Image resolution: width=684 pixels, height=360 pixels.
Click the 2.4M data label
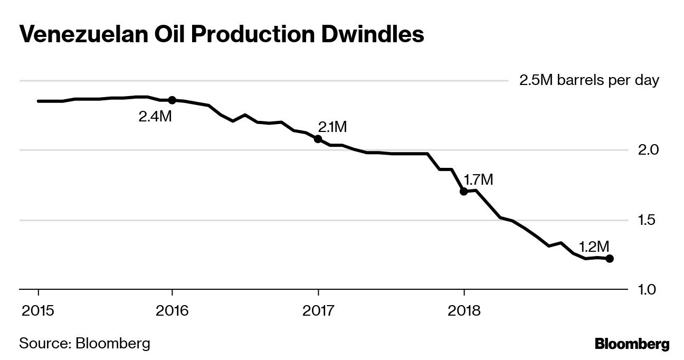pyautogui.click(x=155, y=117)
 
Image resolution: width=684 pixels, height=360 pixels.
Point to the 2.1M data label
pyautogui.click(x=332, y=127)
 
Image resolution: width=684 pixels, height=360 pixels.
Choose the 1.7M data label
pyautogui.click(x=478, y=179)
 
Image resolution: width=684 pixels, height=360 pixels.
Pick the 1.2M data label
pyautogui.click(x=594, y=247)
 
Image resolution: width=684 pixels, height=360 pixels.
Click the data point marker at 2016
pyautogui.click(x=172, y=100)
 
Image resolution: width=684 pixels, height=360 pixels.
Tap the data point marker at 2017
pyautogui.click(x=318, y=139)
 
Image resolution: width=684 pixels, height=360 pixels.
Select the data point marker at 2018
pyautogui.click(x=463, y=191)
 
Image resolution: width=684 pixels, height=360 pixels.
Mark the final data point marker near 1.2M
pyautogui.click(x=610, y=259)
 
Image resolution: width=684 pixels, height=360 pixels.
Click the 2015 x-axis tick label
pyautogui.click(x=38, y=311)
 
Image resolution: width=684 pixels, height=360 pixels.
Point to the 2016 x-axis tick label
pyautogui.click(x=172, y=311)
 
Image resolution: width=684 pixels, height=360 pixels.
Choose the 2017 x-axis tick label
pyautogui.click(x=318, y=311)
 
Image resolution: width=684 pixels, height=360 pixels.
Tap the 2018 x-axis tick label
pyautogui.click(x=463, y=311)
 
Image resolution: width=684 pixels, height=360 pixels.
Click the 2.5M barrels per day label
pyautogui.click(x=589, y=81)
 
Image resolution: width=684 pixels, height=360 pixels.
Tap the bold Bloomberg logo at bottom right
pyautogui.click(x=632, y=344)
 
